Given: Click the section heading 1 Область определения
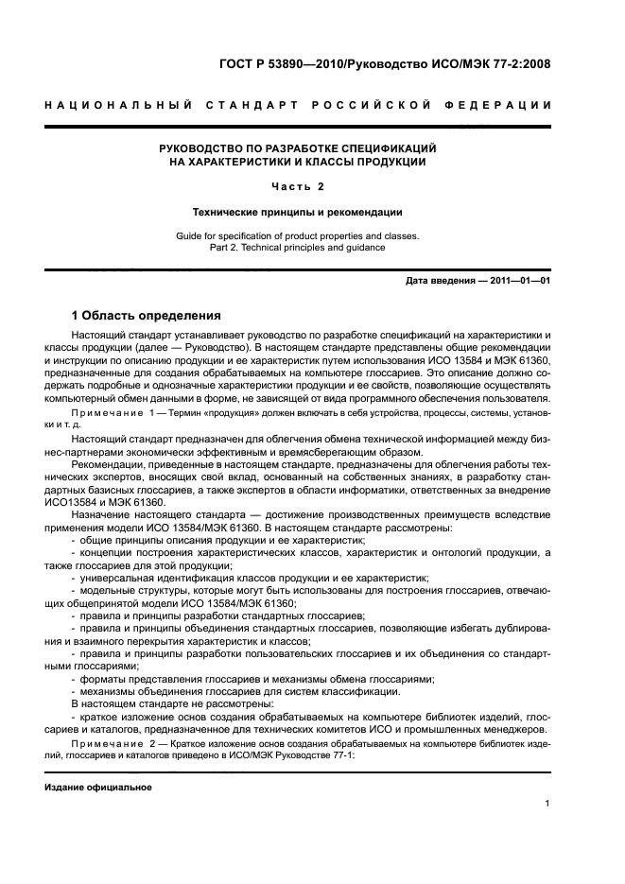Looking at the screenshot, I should pyautogui.click(x=147, y=315).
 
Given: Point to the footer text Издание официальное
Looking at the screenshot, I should pyautogui.click(x=98, y=787).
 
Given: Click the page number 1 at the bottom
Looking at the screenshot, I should pyautogui.click(x=548, y=805).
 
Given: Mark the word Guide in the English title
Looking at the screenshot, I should pyautogui.click(x=190, y=235).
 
